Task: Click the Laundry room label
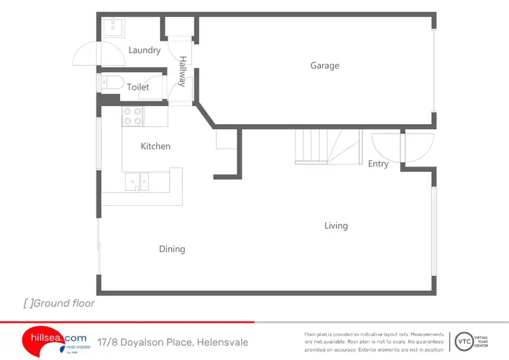[x=145, y=50]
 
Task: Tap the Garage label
[x=324, y=66]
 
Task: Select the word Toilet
[x=138, y=87]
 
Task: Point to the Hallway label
[x=182, y=71]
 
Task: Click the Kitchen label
[x=155, y=146]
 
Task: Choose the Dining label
[x=172, y=249]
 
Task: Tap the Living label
[x=336, y=226]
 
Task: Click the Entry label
[x=378, y=164]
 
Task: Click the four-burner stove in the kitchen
[x=132, y=117]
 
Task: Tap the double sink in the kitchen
[x=139, y=181]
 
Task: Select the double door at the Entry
[x=402, y=146]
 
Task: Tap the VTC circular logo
[x=464, y=341]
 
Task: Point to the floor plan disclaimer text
[x=374, y=342]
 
